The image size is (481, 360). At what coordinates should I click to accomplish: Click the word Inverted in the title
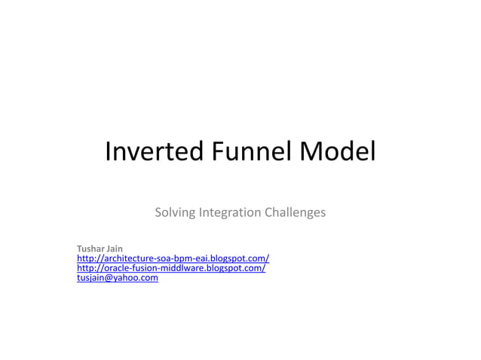click(x=154, y=153)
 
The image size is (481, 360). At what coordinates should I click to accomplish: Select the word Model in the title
click(x=338, y=153)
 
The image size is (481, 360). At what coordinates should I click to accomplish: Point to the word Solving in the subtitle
click(x=174, y=212)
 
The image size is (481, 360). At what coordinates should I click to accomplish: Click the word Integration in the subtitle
click(x=229, y=212)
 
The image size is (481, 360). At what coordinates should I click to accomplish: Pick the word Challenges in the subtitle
click(x=296, y=212)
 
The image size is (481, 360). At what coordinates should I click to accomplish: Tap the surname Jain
click(x=115, y=249)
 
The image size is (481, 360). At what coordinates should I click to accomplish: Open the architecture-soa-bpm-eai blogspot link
click(x=173, y=258)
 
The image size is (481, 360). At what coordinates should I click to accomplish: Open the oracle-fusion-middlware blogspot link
click(x=171, y=268)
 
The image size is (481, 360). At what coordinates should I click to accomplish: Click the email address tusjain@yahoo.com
click(x=118, y=278)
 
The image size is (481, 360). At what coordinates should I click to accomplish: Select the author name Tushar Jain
click(x=100, y=249)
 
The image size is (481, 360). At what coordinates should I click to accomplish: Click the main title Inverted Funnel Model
click(x=240, y=153)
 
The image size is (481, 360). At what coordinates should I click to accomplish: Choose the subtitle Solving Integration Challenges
click(x=240, y=212)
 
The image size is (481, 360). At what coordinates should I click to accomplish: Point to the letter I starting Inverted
click(x=108, y=153)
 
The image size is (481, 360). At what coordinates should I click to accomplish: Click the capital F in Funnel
click(x=217, y=153)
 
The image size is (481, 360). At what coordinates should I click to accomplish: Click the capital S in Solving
click(x=158, y=212)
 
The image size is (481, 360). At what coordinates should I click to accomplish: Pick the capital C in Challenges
click(x=268, y=212)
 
